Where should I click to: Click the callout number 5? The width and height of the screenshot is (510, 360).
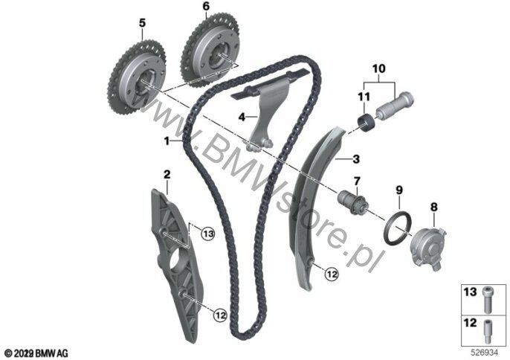tap(142, 23)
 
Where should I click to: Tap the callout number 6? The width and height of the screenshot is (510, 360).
tap(206, 7)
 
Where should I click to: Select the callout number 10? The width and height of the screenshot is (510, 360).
tap(379, 68)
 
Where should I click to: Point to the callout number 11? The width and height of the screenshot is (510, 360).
tap(364, 97)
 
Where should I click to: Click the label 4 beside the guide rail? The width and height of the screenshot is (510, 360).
tap(242, 117)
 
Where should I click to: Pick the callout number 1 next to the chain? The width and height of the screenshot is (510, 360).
tap(167, 141)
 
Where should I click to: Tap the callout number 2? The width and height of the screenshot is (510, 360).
tap(167, 175)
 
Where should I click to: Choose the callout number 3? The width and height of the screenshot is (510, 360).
tap(356, 159)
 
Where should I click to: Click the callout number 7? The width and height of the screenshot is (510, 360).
tap(357, 181)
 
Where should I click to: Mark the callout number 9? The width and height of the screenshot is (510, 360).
tap(399, 190)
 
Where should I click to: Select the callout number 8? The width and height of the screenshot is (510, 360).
tap(434, 207)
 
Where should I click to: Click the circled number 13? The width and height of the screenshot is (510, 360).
tap(208, 234)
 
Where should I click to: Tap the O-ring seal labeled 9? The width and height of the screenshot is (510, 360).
tap(398, 228)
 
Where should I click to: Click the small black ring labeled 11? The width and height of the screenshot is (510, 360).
tap(367, 123)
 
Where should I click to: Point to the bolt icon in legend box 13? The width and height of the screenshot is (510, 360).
tap(487, 300)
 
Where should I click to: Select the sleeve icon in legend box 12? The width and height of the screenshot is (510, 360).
tap(487, 331)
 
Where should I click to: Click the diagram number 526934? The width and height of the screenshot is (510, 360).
tap(485, 353)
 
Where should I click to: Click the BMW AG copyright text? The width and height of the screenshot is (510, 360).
tap(36, 353)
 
